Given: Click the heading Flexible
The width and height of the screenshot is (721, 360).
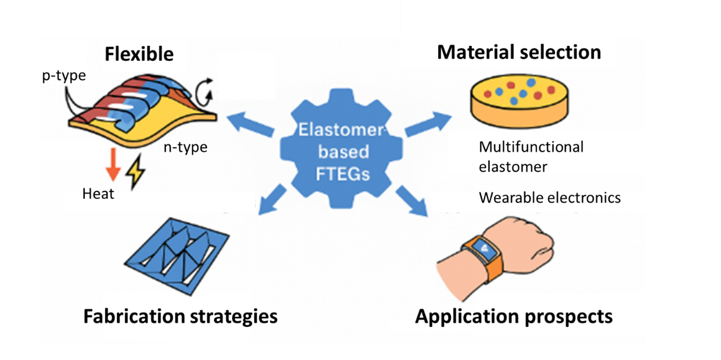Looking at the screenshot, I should click(x=139, y=55).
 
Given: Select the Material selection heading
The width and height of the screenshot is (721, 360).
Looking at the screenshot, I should click(x=519, y=52).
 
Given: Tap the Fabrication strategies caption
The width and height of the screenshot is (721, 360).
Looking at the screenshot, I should click(x=180, y=316).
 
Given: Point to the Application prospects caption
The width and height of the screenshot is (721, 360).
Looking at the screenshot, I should click(x=514, y=316).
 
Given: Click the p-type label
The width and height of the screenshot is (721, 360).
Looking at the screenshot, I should click(x=64, y=76).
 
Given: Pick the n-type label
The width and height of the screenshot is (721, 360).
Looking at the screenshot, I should click(x=185, y=147).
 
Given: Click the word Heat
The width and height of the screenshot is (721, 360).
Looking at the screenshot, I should click(x=98, y=194).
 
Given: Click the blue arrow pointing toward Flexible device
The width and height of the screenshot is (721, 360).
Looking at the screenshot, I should click(x=250, y=121).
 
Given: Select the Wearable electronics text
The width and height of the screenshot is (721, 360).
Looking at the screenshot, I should click(x=549, y=198).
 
